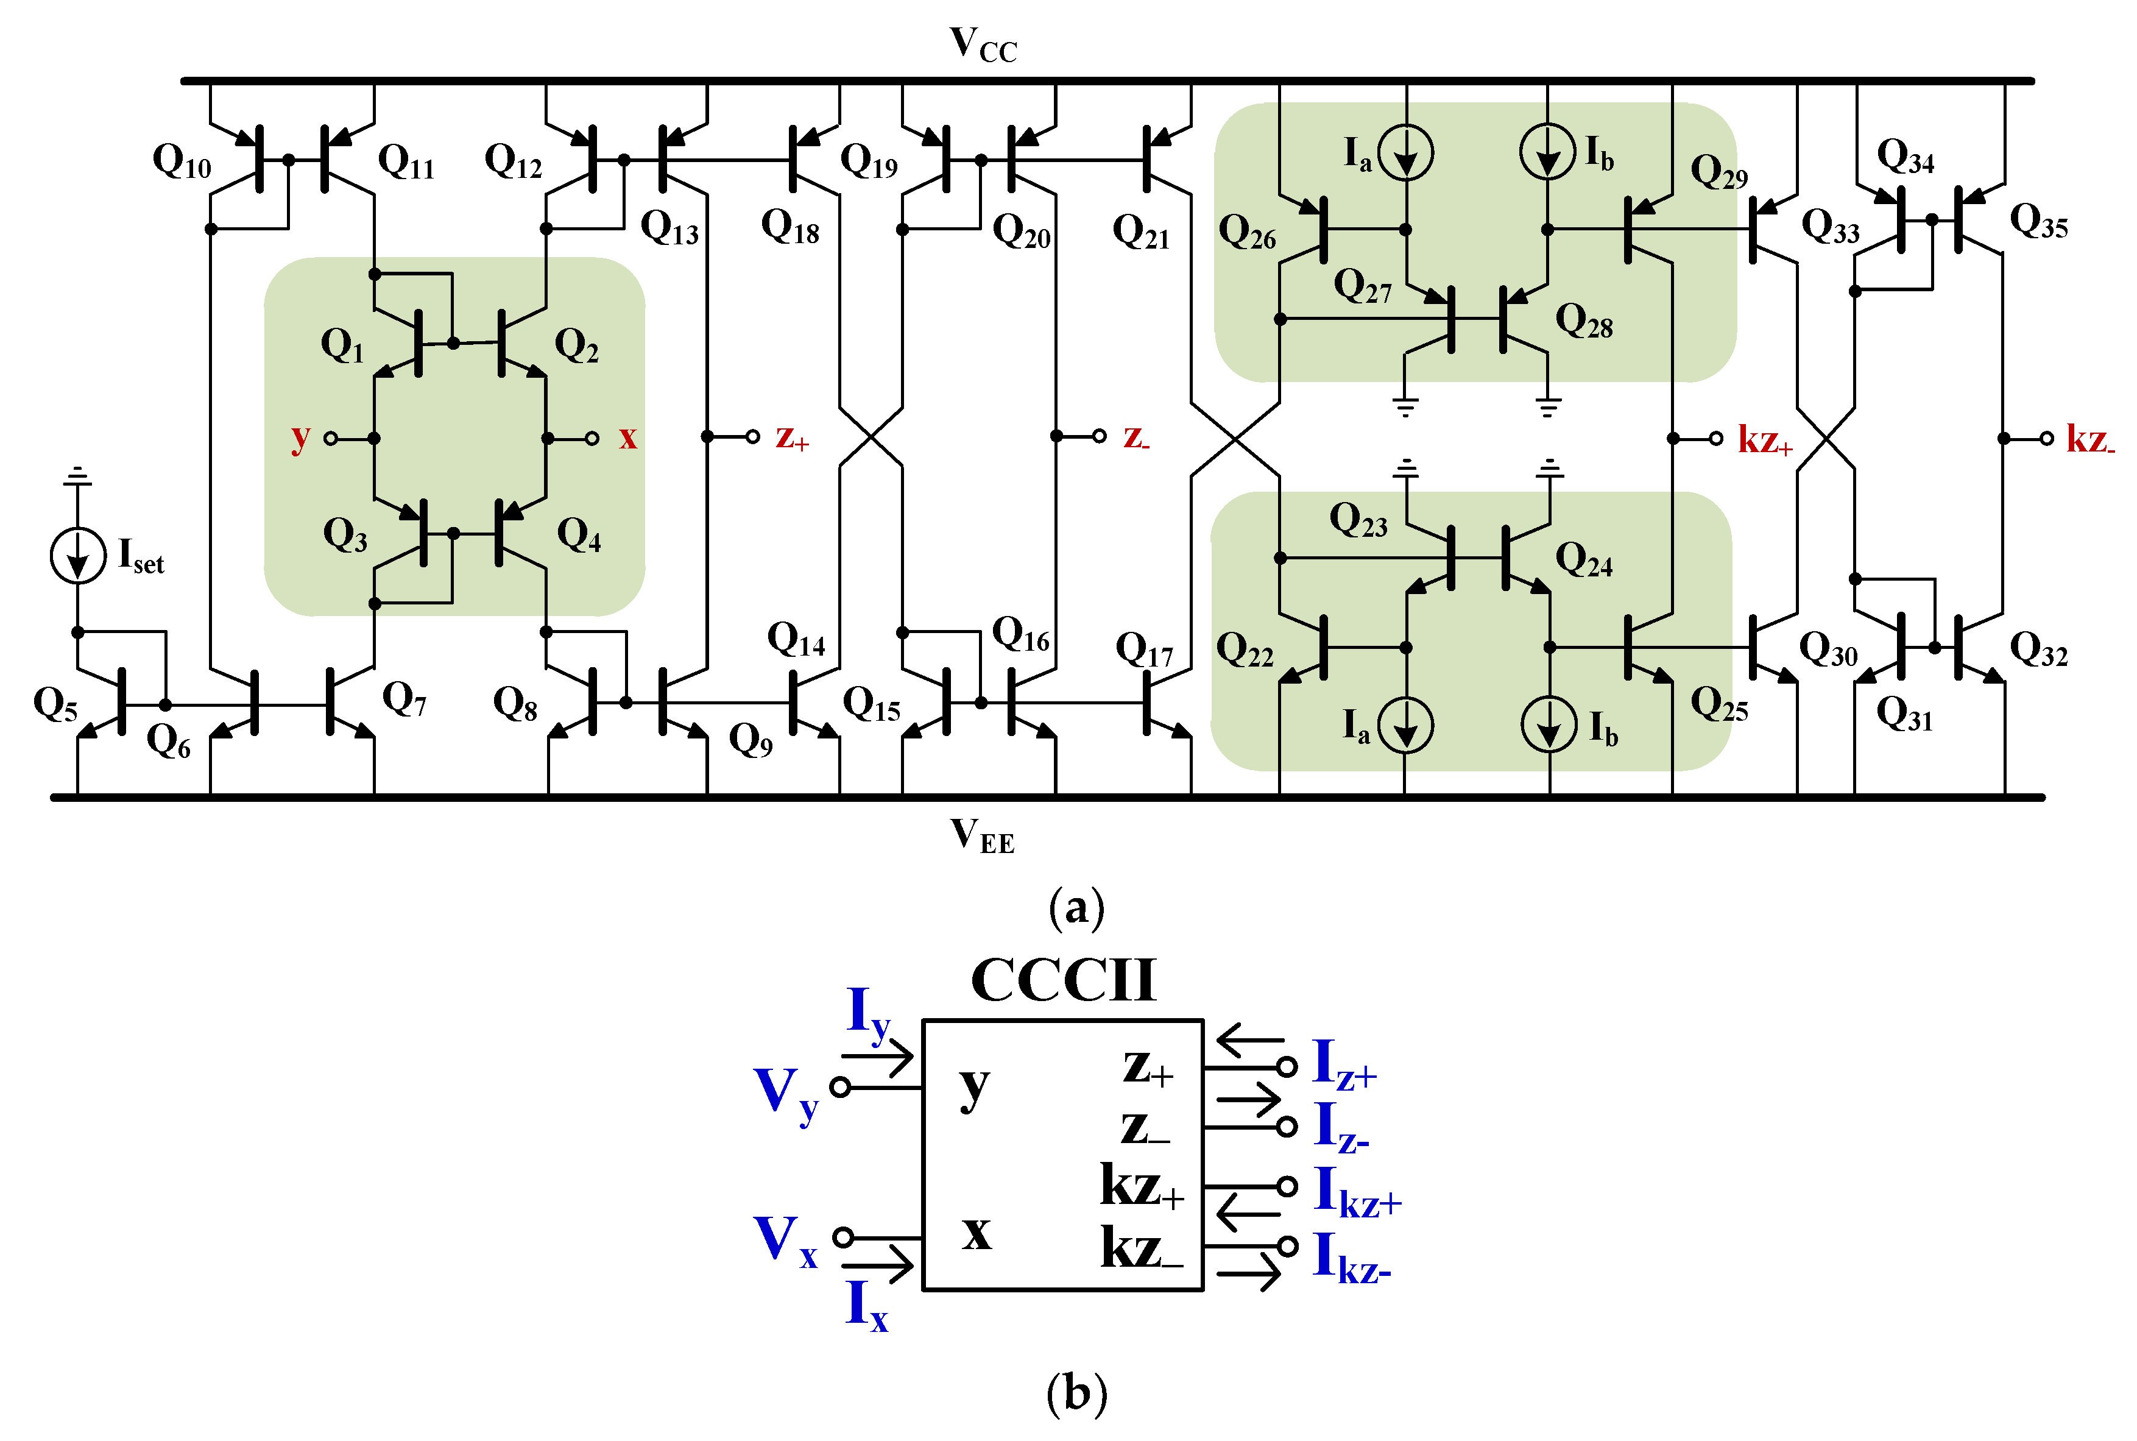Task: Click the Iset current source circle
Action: [78, 555]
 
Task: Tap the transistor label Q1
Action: [342, 345]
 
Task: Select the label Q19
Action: [868, 161]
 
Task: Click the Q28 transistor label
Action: [1583, 322]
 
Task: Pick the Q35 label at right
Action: [2038, 221]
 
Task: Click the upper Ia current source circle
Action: [1405, 152]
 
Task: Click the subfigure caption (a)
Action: [1076, 908]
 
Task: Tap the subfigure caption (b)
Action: [1076, 1393]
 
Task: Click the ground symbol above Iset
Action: [78, 475]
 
